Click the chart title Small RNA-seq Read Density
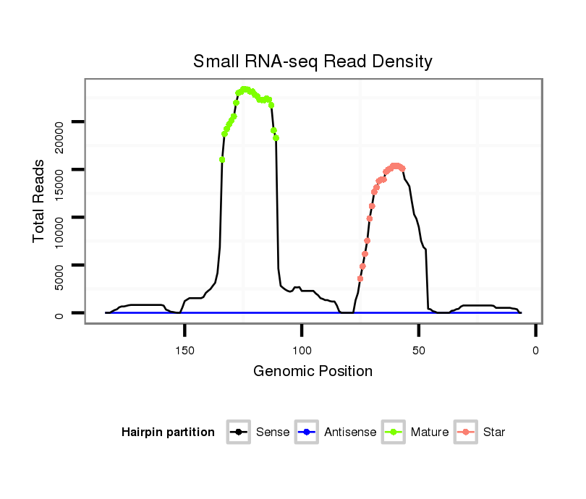click(313, 61)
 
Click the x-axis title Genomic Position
click(313, 372)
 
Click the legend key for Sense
click(238, 432)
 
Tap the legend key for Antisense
click(307, 432)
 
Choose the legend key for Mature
click(394, 432)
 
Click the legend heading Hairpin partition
click(168, 432)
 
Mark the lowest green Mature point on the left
click(222, 160)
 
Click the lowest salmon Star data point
click(360, 278)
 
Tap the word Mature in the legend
click(430, 432)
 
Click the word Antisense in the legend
click(350, 432)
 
